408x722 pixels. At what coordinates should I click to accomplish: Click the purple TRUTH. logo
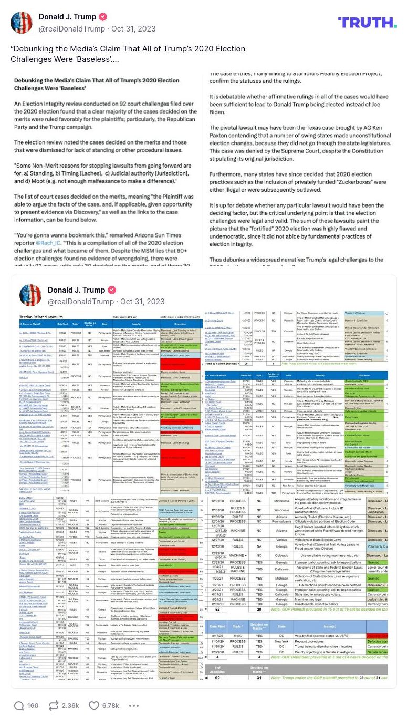coord(367,22)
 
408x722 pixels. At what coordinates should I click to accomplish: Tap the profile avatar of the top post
coord(22,22)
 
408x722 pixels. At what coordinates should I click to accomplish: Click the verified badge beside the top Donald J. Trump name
coord(104,17)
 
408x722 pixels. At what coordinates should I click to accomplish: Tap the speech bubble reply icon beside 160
coord(19,705)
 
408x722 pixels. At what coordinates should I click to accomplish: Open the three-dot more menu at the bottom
coord(134,705)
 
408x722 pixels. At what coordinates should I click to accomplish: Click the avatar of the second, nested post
coord(30,295)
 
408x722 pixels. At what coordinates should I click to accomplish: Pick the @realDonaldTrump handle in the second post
coord(80,302)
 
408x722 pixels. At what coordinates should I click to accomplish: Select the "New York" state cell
coord(282,641)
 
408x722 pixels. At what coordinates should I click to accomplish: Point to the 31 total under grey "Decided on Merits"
coord(259,678)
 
